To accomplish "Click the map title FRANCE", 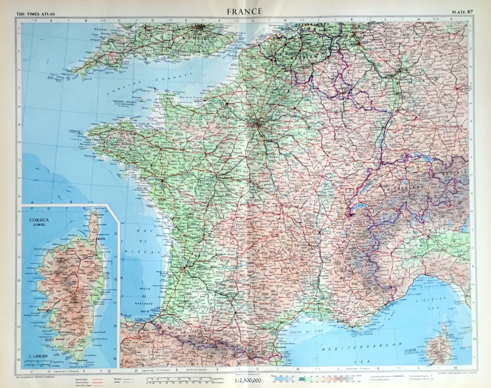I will click(x=244, y=11).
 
